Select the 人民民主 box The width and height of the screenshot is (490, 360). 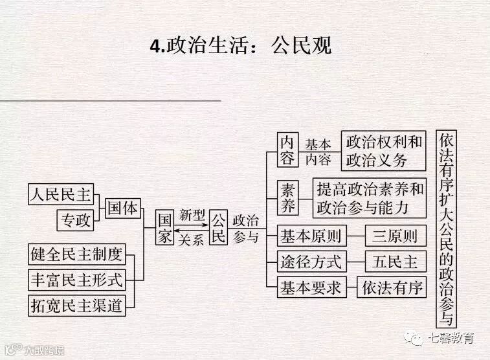[61, 193]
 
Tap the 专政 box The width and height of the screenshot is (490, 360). [76, 220]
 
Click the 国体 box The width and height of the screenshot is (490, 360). [122, 208]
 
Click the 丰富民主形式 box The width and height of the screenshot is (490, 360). [77, 280]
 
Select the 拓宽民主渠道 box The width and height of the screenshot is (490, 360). [77, 306]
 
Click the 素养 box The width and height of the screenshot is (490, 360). [287, 197]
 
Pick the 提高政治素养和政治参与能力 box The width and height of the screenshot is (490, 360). [370, 198]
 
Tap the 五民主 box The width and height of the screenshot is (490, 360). [395, 262]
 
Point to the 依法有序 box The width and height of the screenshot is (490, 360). [392, 287]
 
